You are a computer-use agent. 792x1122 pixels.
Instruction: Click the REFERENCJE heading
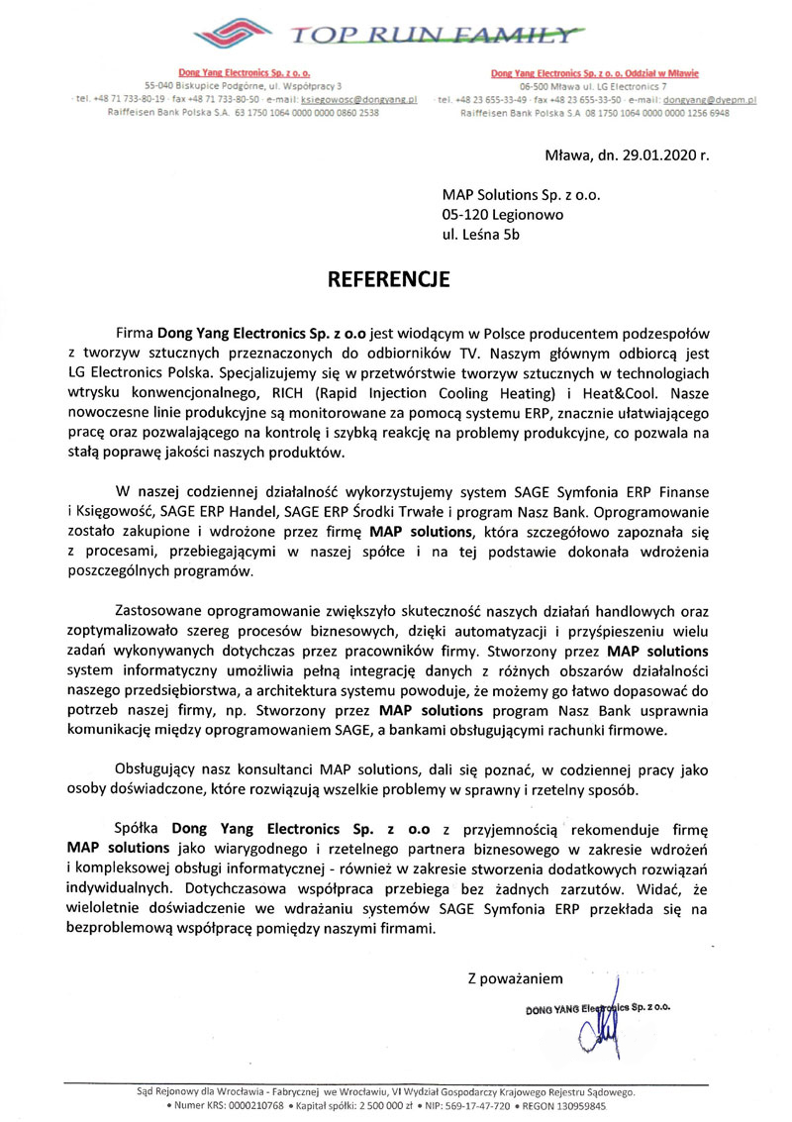pos(388,279)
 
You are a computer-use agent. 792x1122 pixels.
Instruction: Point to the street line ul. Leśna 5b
pos(480,235)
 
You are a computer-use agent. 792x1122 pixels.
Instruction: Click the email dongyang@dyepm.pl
pos(710,101)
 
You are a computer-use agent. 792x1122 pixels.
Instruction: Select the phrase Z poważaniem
pos(515,978)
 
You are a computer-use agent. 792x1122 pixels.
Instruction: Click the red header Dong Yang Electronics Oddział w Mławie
pos(595,73)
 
